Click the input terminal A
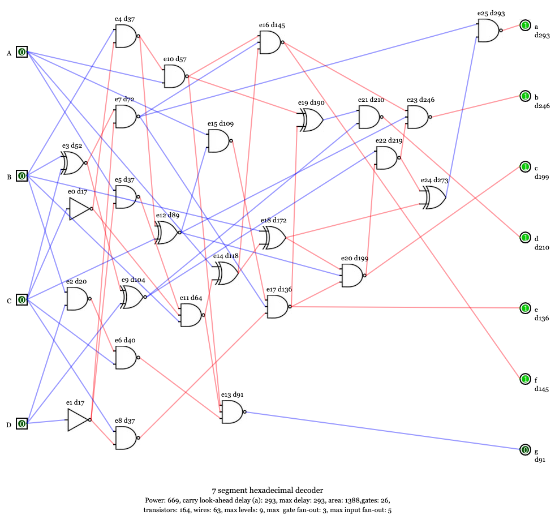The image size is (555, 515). pos(21,53)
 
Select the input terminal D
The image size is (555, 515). pos(21,423)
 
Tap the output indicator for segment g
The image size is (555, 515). pos(525,450)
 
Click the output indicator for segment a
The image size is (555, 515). pos(525,25)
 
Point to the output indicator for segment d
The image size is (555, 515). pos(525,238)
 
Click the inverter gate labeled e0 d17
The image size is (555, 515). pos(79,209)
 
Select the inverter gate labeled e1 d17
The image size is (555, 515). pos(78,420)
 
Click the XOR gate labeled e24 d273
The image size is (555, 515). pos(433,198)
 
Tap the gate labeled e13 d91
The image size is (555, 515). pos(232,412)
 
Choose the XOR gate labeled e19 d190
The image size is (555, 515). pos(310,120)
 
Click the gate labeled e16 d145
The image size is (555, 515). pos(270,42)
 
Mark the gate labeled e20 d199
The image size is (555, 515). pos(352,276)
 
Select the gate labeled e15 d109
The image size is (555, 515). pos(219,140)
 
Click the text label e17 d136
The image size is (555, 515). pos(279,289)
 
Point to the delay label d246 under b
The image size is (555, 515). pos(542,106)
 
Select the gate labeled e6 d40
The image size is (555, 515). pos(126,358)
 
